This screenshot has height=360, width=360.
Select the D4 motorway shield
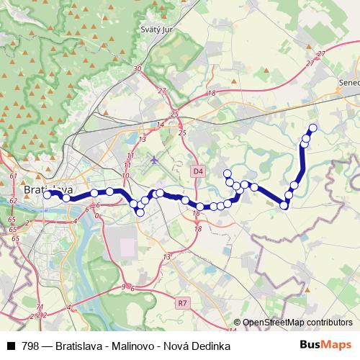pos(199,170)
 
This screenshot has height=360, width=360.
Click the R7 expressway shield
pos(184,305)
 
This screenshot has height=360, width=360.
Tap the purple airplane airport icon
pos(154,159)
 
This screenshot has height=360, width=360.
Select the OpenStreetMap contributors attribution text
pos(297,323)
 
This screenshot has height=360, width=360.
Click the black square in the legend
pos(10,346)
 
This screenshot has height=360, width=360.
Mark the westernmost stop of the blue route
pos(47,194)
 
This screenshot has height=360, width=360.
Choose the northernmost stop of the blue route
pos(313,128)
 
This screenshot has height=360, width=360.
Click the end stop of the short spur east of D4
pos(228,173)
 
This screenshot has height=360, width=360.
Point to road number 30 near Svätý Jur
pos(138,69)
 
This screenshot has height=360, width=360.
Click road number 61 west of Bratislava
pos(14,176)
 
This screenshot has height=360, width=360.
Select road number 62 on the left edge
pos(14,201)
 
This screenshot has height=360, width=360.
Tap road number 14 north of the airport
pos(161,125)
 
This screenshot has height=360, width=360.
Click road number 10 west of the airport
pos(126,175)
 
